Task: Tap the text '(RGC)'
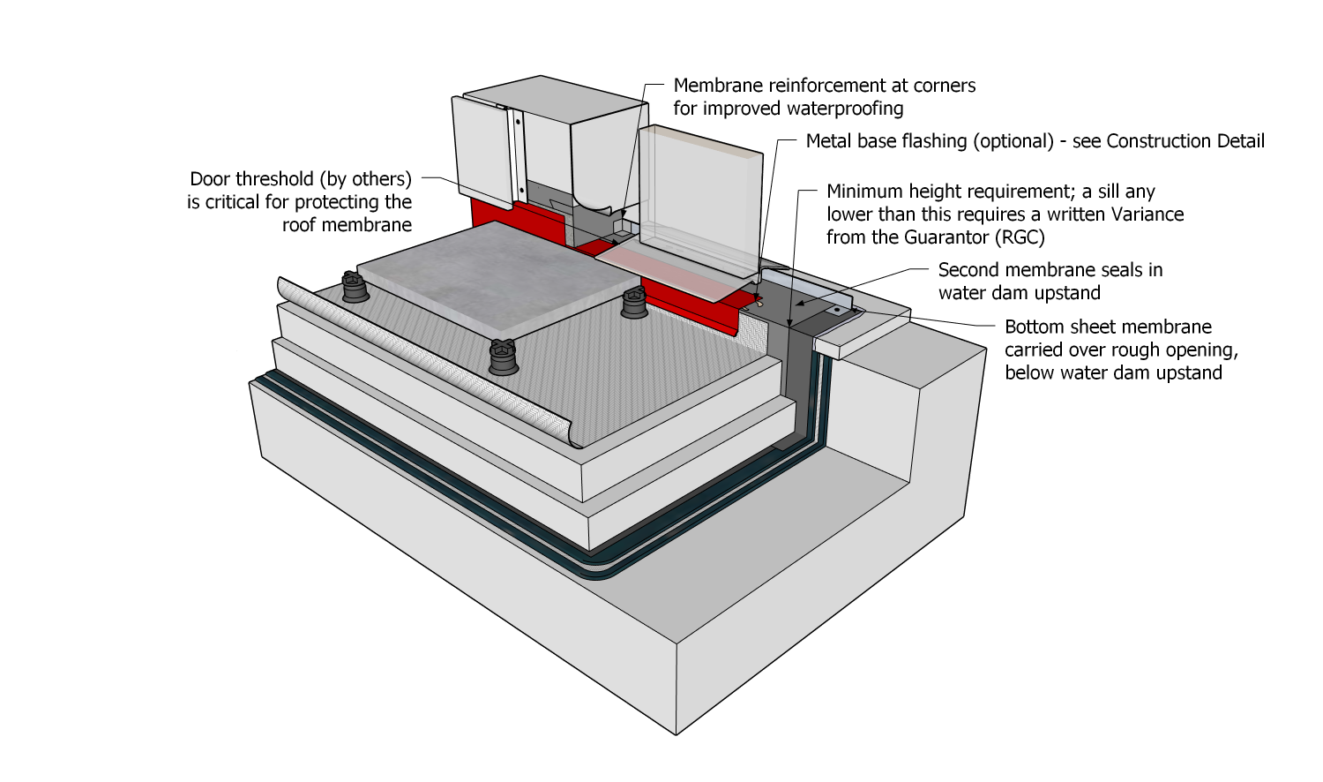pos(1019,237)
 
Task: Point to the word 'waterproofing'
pos(846,109)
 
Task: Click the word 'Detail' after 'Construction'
pos(1238,141)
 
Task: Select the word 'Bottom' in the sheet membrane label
pos(1035,327)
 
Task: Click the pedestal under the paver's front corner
pos(503,357)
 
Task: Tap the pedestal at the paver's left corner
pos(355,288)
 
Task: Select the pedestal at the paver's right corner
pos(634,303)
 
